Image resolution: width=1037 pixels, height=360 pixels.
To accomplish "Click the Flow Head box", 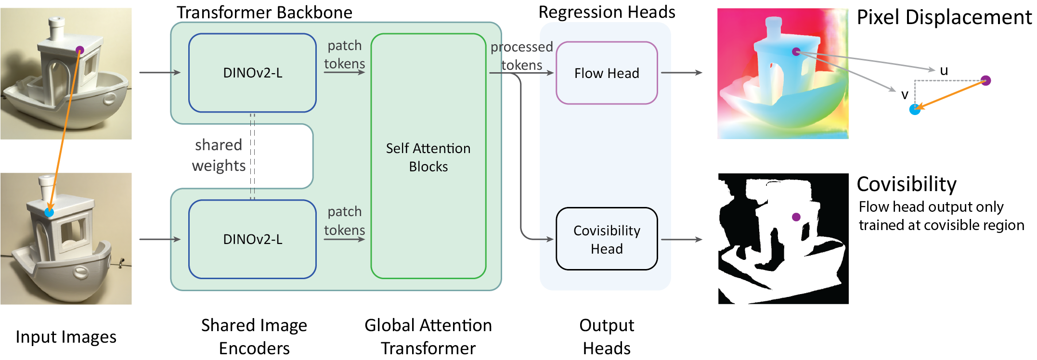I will coord(607,73).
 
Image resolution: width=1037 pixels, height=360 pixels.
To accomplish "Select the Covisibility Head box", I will coord(607,239).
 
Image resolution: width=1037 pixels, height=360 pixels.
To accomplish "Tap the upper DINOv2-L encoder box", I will coord(252,73).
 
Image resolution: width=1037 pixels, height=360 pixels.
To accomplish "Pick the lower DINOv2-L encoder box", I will coord(252,239).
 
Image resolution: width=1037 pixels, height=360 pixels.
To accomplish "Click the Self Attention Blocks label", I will coord(428,157).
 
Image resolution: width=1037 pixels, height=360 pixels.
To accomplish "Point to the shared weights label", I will coord(219,155).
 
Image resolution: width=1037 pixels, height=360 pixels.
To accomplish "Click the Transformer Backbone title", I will coord(264,13).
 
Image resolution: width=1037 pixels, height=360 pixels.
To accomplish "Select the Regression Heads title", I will coord(607,12).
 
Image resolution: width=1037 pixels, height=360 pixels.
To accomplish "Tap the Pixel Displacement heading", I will coord(944,17).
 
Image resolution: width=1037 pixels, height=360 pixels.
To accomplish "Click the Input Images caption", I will coord(66,337).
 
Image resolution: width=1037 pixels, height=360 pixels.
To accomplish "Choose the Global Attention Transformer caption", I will coord(428,336).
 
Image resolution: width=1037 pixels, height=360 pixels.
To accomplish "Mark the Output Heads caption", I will coord(607,336).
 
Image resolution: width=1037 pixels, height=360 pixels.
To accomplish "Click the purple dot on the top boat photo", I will coord(80,50).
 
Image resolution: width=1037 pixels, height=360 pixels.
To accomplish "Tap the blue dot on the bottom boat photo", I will coord(49,212).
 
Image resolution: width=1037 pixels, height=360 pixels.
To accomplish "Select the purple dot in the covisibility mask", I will coord(796,217).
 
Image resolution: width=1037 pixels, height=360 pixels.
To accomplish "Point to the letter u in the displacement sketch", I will coord(944,71).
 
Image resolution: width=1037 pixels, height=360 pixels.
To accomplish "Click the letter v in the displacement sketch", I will coord(905,95).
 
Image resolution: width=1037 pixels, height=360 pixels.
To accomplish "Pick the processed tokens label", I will coord(522,56).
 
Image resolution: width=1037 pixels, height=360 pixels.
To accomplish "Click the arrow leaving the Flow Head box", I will coord(682,73).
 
